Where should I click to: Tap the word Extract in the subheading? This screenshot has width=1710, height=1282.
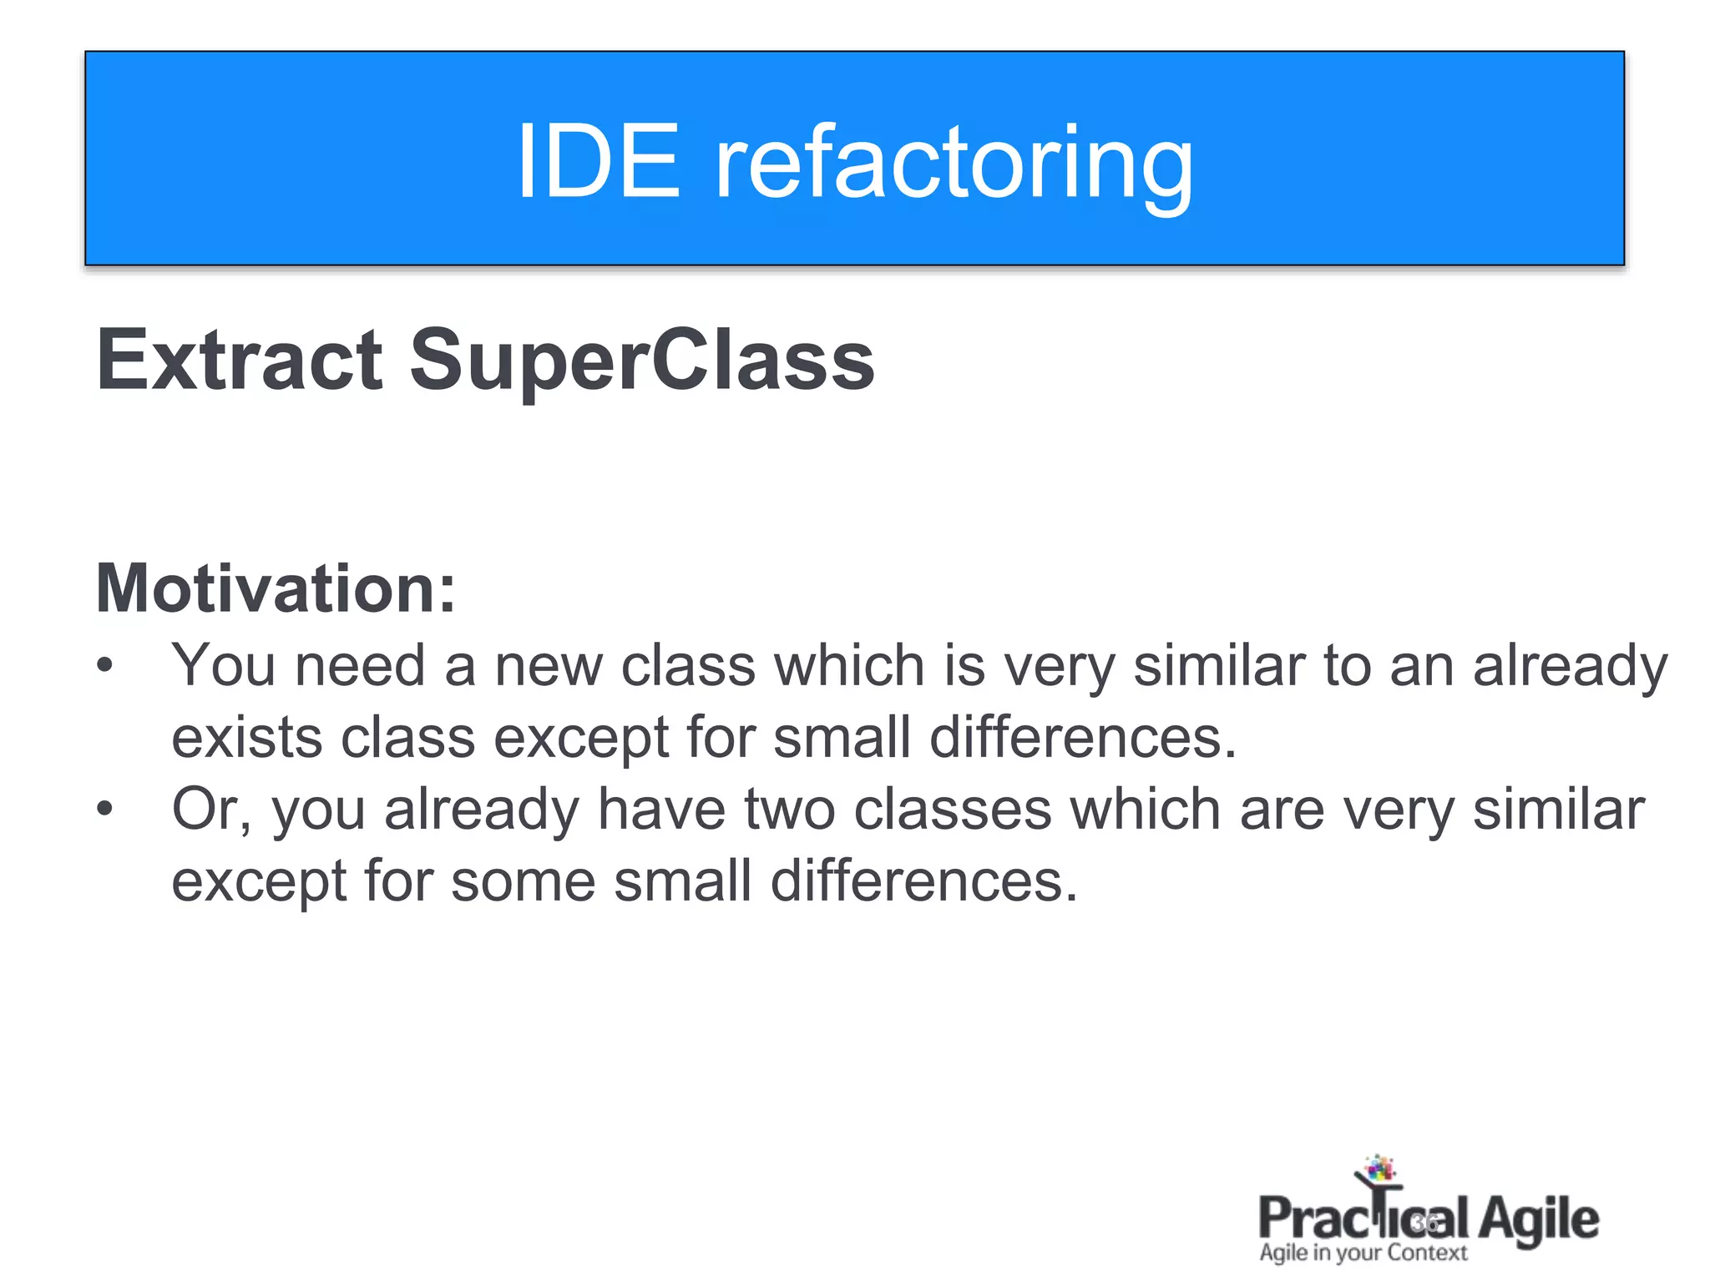(x=240, y=360)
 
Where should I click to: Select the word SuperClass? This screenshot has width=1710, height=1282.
(x=641, y=361)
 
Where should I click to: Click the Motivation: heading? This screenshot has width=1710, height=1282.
(x=276, y=588)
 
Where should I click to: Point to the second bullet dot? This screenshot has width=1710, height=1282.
(x=104, y=809)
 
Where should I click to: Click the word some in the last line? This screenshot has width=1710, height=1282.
(x=523, y=881)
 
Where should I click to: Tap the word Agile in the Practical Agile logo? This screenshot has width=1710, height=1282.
(x=1538, y=1219)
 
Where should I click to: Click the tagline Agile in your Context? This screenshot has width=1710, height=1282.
(x=1363, y=1253)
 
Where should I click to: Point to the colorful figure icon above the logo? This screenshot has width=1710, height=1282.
(x=1378, y=1171)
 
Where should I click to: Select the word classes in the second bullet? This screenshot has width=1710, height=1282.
(x=952, y=810)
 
